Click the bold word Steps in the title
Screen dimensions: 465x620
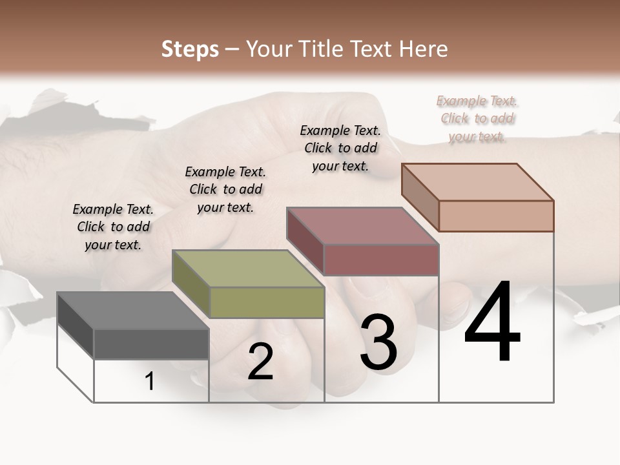coord(190,49)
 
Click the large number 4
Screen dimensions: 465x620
coord(492,323)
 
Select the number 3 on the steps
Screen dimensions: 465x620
coord(378,342)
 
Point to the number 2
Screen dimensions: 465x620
coord(260,362)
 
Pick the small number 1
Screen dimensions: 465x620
coord(150,382)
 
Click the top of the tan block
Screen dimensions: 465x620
coord(478,182)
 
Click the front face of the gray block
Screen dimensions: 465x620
coord(151,344)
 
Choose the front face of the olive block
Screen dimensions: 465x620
coord(267,302)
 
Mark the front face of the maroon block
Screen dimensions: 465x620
coord(381,260)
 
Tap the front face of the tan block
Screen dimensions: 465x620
coord(496,216)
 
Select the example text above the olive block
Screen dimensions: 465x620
coord(225,190)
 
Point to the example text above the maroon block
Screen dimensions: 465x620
coord(340,148)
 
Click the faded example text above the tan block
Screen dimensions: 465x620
coord(477,119)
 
